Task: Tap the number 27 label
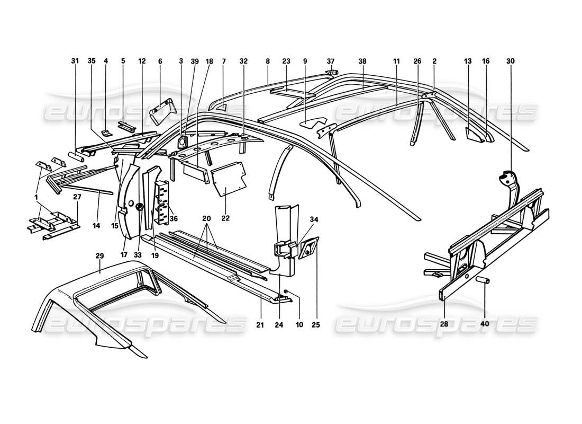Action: (77, 197)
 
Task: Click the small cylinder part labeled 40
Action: (485, 280)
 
